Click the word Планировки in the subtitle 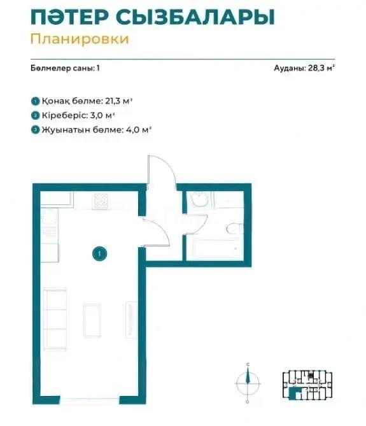coord(79,39)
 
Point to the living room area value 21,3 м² coord(136,101)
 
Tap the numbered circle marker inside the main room coord(99,254)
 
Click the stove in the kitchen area coord(102,201)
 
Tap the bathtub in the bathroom coord(216,250)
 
